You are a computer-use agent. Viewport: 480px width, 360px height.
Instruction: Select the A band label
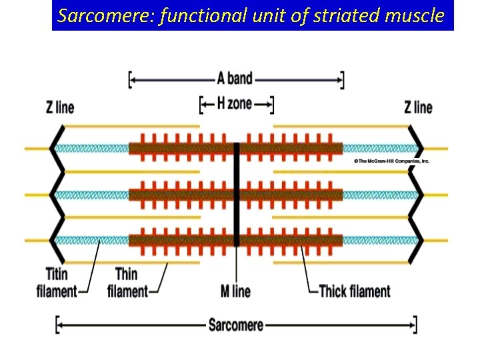tap(235, 79)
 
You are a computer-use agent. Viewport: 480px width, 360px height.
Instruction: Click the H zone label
tap(235, 103)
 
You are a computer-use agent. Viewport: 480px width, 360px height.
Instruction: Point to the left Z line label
tap(60, 107)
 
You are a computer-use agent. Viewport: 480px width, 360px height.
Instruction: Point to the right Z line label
tap(418, 107)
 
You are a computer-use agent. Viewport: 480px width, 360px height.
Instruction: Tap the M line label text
tap(235, 291)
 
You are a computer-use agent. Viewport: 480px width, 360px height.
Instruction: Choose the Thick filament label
tap(355, 291)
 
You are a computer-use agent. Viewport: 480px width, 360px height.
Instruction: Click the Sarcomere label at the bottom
tap(235, 325)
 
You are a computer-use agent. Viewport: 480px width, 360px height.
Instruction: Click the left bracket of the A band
tap(130, 79)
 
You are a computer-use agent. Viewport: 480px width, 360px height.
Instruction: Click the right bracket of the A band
tap(343, 79)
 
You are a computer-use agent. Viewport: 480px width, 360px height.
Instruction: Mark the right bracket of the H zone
tap(272, 104)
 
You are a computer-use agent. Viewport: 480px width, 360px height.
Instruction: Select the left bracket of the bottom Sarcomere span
tap(58, 325)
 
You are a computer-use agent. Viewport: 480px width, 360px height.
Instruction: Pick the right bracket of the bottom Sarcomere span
tap(416, 325)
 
